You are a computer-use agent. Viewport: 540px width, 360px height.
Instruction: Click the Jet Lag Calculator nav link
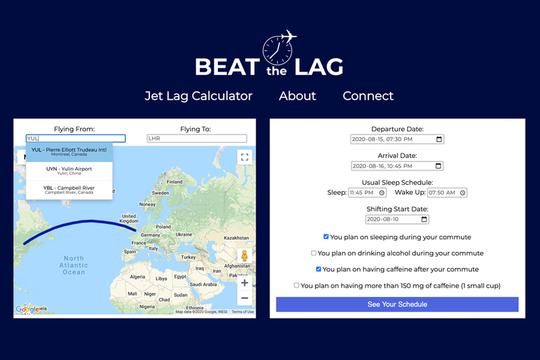[198, 96]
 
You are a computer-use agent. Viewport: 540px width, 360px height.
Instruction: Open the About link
[297, 96]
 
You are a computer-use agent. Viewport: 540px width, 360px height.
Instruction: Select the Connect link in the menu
[368, 96]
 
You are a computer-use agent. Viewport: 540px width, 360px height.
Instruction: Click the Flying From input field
[76, 139]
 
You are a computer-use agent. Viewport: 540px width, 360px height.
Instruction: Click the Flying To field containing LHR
[197, 139]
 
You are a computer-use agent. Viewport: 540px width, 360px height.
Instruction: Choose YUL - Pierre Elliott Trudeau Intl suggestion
[69, 152]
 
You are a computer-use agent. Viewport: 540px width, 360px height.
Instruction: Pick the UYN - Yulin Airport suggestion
[69, 171]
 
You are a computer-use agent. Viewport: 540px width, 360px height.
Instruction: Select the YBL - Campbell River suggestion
[69, 189]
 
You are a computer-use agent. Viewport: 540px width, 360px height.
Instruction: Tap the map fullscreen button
[245, 157]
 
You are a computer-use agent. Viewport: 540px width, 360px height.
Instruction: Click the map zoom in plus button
[245, 283]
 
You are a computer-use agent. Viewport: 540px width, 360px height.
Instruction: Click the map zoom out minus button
[245, 298]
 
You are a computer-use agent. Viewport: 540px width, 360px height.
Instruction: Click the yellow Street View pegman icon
[245, 257]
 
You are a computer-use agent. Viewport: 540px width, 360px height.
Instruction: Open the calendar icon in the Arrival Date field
[439, 166]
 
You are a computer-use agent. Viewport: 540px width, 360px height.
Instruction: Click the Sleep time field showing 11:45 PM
[366, 192]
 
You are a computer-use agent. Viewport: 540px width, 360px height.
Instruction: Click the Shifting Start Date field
[397, 219]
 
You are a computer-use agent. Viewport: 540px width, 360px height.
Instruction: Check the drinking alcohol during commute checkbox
[314, 253]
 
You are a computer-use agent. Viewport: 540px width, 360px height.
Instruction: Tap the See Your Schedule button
[397, 304]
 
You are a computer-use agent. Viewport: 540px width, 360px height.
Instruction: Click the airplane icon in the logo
[289, 36]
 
